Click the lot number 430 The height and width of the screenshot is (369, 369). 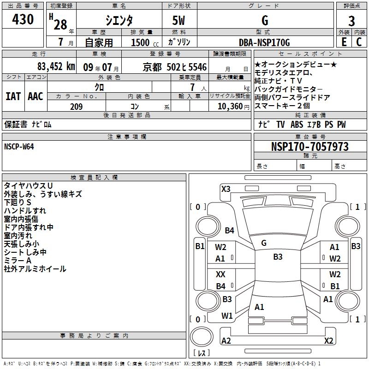(23, 19)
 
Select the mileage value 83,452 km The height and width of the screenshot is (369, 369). (56, 66)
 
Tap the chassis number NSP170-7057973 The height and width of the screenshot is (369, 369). (309, 146)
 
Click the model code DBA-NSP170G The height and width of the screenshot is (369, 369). (264, 42)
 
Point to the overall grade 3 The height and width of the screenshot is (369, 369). (351, 21)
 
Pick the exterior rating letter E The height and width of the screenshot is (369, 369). (344, 42)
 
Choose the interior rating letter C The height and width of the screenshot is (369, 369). (359, 42)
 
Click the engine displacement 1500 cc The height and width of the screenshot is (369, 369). (145, 42)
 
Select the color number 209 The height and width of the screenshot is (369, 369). (77, 107)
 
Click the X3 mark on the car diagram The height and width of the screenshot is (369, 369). (226, 189)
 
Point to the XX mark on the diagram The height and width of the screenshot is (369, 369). (220, 274)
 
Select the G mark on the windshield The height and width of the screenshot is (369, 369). (264, 243)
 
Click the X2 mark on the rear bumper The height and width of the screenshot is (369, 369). (328, 340)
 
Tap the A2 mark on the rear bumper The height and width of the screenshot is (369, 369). (226, 340)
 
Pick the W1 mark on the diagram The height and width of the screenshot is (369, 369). (227, 316)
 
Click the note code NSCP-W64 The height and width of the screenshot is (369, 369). (19, 147)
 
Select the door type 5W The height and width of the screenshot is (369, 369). (179, 20)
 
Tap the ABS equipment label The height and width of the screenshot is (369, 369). (297, 125)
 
